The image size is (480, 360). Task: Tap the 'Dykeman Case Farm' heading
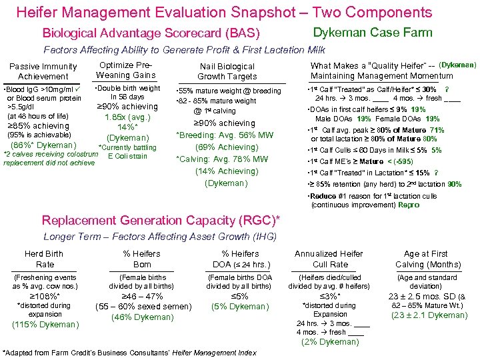[373, 32]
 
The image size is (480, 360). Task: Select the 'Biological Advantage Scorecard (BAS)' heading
[151, 33]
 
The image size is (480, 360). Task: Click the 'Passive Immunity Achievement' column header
[43, 71]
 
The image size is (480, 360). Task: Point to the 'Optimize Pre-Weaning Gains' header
[126, 70]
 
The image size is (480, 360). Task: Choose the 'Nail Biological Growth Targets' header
[227, 71]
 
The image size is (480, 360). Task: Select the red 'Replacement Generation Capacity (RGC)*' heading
[161, 221]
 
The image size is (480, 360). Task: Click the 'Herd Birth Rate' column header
[44, 259]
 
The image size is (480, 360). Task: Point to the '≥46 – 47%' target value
[141, 297]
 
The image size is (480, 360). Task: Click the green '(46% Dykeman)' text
[143, 317]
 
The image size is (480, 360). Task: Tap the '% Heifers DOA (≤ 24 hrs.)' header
[240, 259]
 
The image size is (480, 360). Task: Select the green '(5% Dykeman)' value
[240, 307]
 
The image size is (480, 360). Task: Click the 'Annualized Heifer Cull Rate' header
[329, 259]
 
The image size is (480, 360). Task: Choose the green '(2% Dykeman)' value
[329, 342]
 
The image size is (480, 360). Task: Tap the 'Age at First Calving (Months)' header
[427, 259]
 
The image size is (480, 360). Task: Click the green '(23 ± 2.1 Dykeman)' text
[429, 315]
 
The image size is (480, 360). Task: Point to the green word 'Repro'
[409, 205]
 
